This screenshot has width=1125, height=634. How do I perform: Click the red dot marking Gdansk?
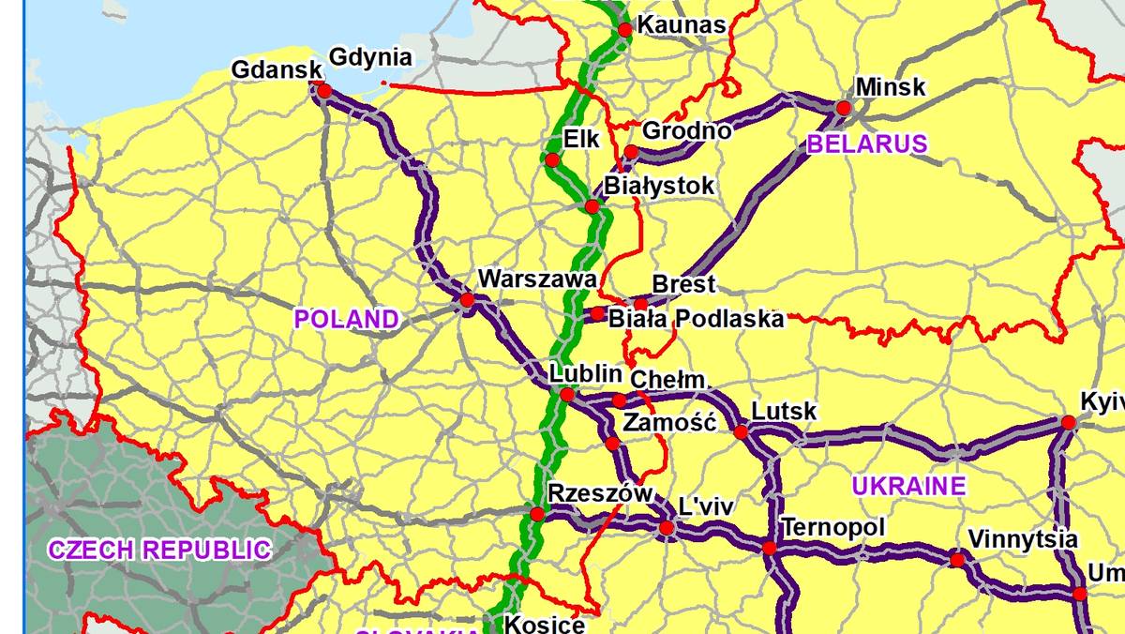click(324, 91)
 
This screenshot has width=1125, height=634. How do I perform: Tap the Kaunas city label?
click(682, 25)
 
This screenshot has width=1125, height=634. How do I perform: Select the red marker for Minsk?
click(843, 109)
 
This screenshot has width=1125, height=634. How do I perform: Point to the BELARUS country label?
click(867, 144)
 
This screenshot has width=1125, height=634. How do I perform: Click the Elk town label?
click(581, 140)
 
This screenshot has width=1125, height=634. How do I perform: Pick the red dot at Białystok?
click(592, 206)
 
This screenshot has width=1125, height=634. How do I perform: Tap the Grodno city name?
click(686, 130)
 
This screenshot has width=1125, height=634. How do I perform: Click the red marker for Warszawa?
click(466, 300)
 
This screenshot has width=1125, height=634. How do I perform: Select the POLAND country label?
click(347, 319)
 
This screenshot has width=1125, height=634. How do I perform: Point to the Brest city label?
click(683, 284)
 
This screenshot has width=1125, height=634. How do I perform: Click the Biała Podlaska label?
click(697, 319)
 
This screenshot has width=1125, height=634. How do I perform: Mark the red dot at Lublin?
click(567, 395)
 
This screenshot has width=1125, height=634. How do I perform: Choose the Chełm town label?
click(667, 380)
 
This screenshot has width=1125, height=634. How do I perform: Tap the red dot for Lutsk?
click(741, 432)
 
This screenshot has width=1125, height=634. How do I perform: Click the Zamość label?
click(669, 422)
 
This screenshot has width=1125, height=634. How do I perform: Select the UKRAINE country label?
click(908, 486)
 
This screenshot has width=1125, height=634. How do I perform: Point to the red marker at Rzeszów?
click(536, 514)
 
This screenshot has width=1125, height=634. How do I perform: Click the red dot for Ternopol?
click(769, 548)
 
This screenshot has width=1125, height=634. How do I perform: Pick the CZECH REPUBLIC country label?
click(160, 550)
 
